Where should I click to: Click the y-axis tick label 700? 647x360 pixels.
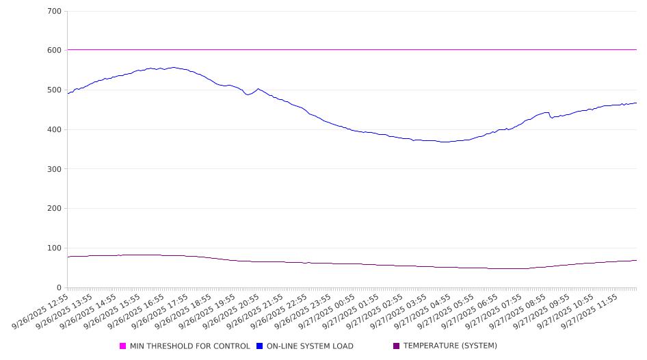[x=55, y=11]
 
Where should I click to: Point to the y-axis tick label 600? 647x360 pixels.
[x=55, y=51]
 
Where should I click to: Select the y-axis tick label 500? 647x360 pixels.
[x=55, y=90]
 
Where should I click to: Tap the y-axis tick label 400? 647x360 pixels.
[x=55, y=129]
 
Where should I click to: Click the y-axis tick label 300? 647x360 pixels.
[x=55, y=169]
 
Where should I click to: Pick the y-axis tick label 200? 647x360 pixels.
[x=55, y=209]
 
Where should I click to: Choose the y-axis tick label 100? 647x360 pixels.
[x=55, y=248]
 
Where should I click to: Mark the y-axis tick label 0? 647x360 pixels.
[x=60, y=287]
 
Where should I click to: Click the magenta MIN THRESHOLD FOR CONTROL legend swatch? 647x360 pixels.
[x=123, y=346]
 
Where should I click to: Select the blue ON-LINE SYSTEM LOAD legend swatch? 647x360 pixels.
[x=260, y=346]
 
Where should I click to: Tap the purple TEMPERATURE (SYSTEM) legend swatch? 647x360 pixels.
[x=397, y=346]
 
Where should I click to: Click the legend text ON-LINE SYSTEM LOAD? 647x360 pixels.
[x=310, y=346]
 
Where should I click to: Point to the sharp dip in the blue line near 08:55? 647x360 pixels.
[x=551, y=118]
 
